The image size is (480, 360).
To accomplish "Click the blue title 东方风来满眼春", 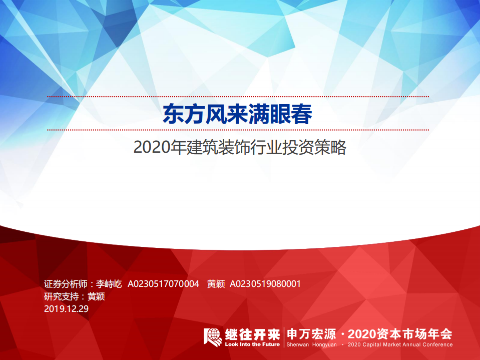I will [x=238, y=114].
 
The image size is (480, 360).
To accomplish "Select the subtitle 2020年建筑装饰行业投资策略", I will [x=240, y=148].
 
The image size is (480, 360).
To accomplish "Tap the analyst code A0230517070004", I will [x=164, y=284].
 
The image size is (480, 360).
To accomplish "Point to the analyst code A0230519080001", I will [x=265, y=284].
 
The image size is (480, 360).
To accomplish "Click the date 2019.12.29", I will [x=66, y=308].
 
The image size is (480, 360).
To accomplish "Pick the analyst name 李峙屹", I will [x=109, y=284].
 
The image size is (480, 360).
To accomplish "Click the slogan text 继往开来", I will [x=252, y=333].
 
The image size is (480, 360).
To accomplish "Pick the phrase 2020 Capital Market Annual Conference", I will [x=400, y=344].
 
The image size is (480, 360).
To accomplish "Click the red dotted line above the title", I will [x=238, y=96].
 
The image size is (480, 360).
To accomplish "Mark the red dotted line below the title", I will [x=238, y=130].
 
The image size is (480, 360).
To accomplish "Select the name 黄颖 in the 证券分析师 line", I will [x=216, y=284].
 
